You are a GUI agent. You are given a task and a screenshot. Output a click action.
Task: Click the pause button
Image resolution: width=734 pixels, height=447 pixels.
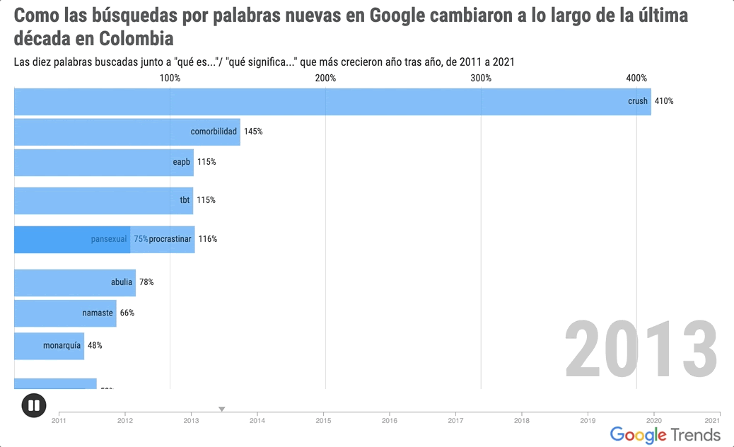point(34,405)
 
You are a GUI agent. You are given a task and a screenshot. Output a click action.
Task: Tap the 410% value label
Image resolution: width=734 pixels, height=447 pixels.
point(664,101)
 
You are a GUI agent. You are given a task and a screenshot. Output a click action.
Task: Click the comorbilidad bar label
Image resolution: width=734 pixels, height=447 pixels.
point(214,132)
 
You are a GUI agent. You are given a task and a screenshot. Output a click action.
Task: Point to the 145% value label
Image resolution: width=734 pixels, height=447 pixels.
point(253,132)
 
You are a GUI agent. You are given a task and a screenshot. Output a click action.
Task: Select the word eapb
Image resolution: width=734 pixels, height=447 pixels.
point(182,162)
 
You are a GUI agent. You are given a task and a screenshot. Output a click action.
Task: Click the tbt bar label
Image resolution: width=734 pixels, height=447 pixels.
point(185,200)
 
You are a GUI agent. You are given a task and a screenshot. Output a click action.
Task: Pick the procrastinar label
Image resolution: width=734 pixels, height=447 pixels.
point(170,239)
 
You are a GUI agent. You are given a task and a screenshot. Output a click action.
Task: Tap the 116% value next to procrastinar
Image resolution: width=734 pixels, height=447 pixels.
point(208,239)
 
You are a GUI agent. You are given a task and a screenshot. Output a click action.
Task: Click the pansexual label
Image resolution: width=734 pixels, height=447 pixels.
point(109,239)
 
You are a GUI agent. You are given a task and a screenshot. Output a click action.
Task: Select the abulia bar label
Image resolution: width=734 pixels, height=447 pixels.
point(122,282)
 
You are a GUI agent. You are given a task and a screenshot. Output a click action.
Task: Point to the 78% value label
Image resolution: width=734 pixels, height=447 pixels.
point(146,282)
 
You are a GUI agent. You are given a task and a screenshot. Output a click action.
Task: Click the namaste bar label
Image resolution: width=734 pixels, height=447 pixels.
point(98,313)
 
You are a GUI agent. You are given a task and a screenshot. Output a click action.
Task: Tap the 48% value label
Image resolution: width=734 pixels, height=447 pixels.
point(95,346)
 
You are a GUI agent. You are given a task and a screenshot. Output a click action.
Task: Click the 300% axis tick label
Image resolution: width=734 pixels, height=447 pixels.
point(481,78)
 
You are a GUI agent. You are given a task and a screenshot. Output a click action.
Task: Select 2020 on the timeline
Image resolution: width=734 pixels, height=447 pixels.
point(653,421)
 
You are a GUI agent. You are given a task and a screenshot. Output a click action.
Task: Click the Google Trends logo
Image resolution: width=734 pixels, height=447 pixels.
point(665,434)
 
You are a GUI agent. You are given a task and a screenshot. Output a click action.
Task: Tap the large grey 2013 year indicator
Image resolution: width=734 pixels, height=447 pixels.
point(641,350)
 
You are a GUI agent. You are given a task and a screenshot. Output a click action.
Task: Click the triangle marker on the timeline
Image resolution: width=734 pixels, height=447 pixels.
point(221,409)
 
